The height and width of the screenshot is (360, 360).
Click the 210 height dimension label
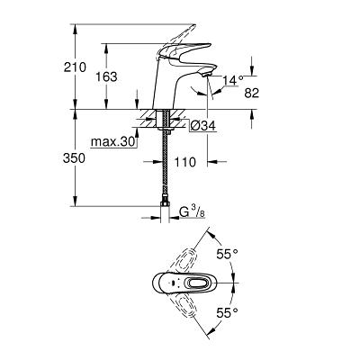[x=75, y=67]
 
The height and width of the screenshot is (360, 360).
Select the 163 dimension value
[x=106, y=77]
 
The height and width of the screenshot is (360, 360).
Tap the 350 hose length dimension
[x=74, y=158]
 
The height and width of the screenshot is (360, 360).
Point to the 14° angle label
[x=233, y=80]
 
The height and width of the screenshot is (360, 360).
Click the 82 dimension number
[x=251, y=93]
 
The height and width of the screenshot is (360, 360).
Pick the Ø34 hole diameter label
[x=203, y=126]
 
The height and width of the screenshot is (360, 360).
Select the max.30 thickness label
[x=112, y=142]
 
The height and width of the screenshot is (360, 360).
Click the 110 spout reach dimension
[x=184, y=162]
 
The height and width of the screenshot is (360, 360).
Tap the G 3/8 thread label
[x=192, y=212]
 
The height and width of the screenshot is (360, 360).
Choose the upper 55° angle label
[x=227, y=255]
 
